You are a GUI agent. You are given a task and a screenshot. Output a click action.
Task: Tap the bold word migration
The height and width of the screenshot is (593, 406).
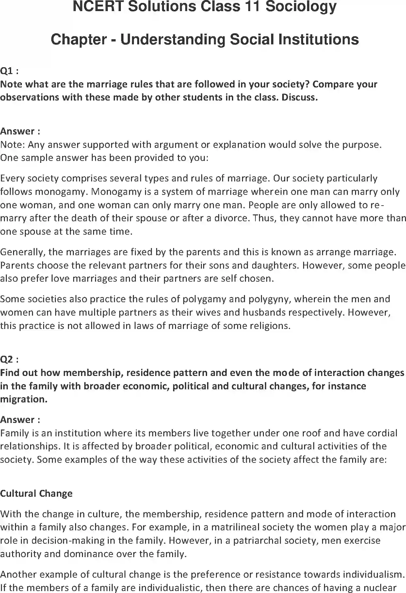click(23, 399)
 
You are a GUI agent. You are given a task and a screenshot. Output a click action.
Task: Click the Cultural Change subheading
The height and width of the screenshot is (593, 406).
click(36, 493)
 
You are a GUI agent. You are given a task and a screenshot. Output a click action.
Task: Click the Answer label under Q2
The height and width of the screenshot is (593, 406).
click(20, 420)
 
